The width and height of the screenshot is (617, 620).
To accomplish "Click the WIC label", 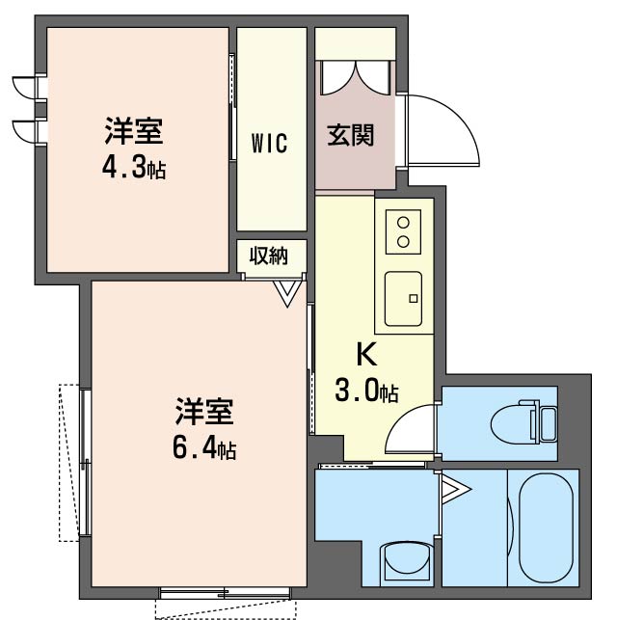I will click(x=270, y=144).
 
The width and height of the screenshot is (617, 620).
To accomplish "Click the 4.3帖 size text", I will click(x=134, y=168).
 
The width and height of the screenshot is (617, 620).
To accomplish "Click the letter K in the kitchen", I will click(x=366, y=355).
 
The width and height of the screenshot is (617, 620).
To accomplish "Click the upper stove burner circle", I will click(x=403, y=221).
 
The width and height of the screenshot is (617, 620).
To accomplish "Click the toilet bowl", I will click(x=521, y=422).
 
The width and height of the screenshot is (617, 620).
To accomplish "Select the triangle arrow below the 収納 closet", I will click(x=286, y=292).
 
